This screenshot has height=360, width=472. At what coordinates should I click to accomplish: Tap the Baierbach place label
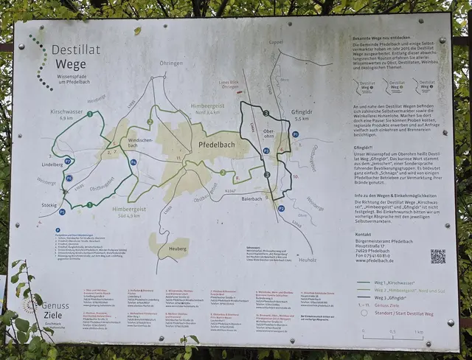coord(251,199)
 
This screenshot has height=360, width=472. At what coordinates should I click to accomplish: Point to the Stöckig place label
coord(49,205)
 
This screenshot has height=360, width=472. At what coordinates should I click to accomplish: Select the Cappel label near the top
coord(275,42)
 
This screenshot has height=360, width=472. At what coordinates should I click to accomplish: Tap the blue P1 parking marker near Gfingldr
coord(295,135)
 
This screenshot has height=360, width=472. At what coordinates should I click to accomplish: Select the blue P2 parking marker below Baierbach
coord(281,209)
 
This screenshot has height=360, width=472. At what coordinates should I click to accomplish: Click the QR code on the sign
coord(437,256)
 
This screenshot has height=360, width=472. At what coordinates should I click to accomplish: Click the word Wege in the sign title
coord(71,63)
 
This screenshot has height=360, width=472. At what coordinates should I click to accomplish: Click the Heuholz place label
coord(308,259)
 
